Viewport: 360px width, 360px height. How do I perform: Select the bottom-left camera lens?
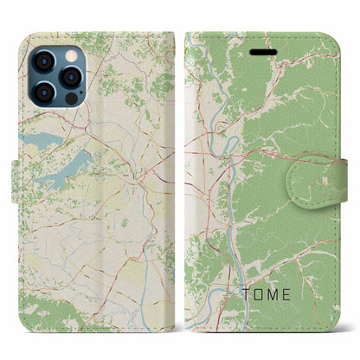click(x=46, y=93)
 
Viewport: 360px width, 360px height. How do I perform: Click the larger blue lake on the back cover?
click(x=66, y=164)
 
